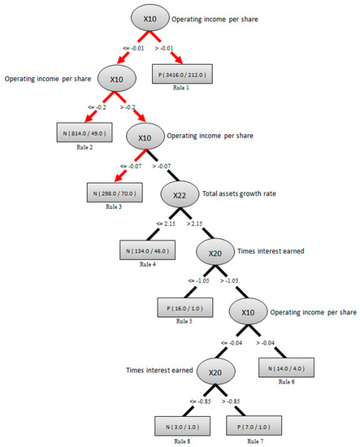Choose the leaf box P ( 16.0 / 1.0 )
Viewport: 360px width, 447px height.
pyautogui.click(x=184, y=308)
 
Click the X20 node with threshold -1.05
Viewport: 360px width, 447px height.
pyautogui.click(x=214, y=254)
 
